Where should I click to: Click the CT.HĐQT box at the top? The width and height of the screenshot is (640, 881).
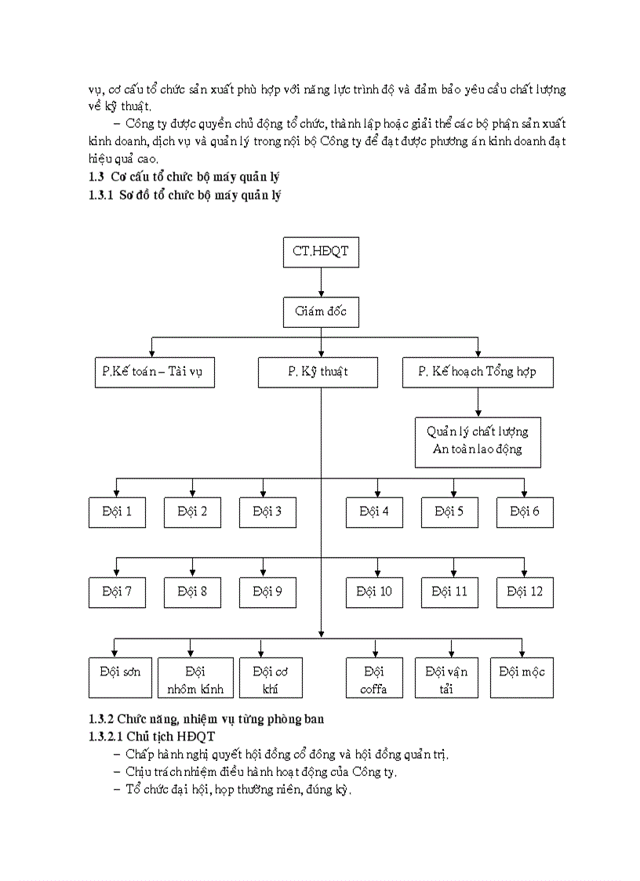click(x=321, y=252)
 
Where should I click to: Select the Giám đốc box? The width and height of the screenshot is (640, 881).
click(x=321, y=311)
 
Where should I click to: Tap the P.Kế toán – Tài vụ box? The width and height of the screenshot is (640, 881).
click(x=152, y=372)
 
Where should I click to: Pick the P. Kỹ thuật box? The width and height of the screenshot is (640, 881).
click(x=318, y=372)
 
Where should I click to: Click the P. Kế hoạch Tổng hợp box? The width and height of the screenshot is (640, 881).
click(x=478, y=372)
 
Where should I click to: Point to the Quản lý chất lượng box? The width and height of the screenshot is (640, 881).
click(x=478, y=441)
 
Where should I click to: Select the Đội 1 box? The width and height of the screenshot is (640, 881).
click(x=117, y=511)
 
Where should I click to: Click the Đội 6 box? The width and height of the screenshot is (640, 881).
click(x=525, y=511)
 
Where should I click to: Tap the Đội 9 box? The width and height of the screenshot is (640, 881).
click(x=267, y=592)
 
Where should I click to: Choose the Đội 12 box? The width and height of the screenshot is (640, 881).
click(x=525, y=592)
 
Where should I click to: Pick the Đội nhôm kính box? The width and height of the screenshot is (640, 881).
click(x=195, y=678)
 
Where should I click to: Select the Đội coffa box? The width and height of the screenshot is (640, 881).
click(x=374, y=678)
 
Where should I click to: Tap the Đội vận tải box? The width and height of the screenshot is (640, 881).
click(x=446, y=678)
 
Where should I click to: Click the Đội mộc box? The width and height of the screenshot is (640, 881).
click(x=522, y=678)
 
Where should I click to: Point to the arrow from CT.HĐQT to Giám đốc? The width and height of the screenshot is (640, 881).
click(x=321, y=282)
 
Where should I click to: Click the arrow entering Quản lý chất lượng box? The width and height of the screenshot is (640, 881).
click(x=478, y=402)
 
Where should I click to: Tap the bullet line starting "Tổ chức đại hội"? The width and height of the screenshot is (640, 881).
click(x=239, y=790)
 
